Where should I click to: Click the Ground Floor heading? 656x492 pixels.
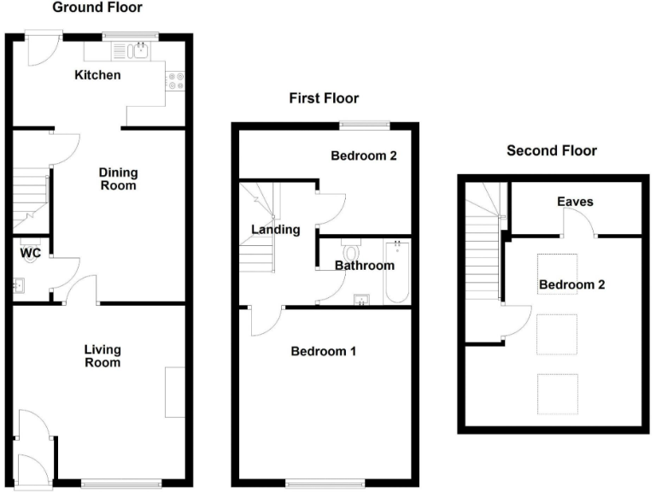point(97,8)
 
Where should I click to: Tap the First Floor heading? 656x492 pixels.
point(324,98)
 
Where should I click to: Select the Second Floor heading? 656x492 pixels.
point(552,151)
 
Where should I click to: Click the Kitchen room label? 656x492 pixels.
point(97,75)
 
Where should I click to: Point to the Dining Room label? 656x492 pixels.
point(119,179)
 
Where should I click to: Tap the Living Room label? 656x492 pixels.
point(102,355)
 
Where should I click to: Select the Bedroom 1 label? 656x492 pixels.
point(324,351)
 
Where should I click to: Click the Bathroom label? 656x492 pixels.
point(365,266)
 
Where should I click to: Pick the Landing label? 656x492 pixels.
point(275,229)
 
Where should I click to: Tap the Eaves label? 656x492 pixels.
point(574,202)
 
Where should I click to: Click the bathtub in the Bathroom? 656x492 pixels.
point(398,272)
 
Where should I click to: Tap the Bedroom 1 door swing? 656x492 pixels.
point(266,321)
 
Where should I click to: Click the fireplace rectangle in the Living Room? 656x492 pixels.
point(175,392)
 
